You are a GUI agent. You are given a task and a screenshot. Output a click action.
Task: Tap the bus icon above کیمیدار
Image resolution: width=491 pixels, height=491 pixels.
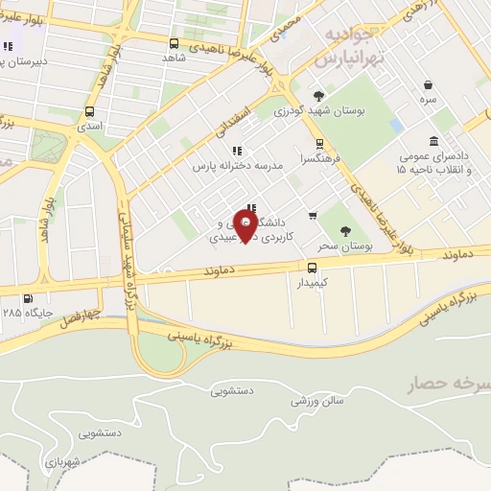tap(312, 268)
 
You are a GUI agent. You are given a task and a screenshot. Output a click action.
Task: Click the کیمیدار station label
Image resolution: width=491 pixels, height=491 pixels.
tap(312, 283)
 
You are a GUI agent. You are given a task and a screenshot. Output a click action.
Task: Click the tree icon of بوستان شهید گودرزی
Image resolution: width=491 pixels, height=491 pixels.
tap(318, 95)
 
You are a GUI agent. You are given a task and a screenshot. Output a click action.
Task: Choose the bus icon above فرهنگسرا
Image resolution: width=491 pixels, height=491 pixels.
tap(320, 144)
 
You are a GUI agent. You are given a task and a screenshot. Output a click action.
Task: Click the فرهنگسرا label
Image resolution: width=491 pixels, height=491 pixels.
tap(320, 159)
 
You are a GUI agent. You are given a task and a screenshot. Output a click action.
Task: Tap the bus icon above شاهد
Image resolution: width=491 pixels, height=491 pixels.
tap(174, 43)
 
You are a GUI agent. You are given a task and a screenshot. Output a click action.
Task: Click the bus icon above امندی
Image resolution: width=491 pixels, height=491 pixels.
tap(89, 111)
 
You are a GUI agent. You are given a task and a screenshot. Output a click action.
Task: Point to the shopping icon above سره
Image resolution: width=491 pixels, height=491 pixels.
tap(427, 84)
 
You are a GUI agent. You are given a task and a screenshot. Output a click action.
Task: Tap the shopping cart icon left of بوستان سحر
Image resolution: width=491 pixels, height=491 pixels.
tap(313, 216)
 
